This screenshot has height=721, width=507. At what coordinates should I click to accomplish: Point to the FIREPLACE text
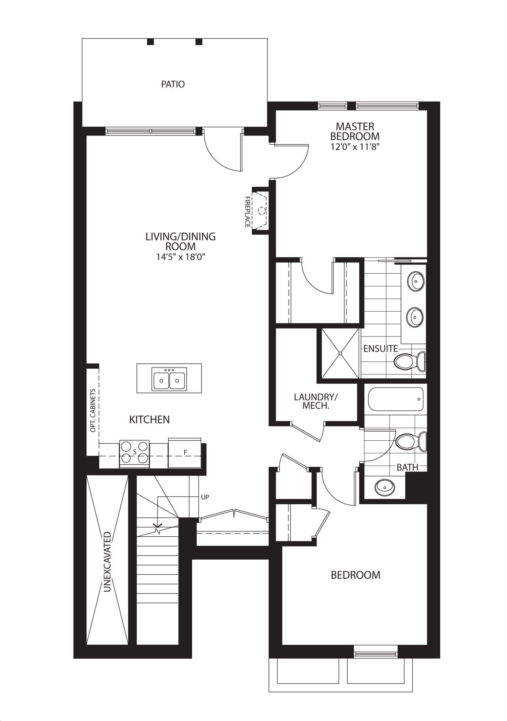tap(247, 212)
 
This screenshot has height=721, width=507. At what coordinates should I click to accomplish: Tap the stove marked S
tap(134, 453)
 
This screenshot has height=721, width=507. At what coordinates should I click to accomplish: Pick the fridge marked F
tap(185, 453)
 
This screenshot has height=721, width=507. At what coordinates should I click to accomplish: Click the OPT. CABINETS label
tap(93, 410)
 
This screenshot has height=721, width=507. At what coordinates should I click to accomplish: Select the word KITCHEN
tap(150, 420)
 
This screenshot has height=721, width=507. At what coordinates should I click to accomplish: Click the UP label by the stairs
tap(205, 497)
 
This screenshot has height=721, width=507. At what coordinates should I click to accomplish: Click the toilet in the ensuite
tap(410, 362)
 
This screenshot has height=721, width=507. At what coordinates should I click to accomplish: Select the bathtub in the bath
tap(396, 399)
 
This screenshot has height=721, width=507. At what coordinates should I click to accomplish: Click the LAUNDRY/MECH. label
tap(316, 401)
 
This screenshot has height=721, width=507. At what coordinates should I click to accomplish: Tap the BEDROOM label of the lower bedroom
tap(356, 575)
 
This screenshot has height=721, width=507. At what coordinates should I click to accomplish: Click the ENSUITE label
tap(380, 349)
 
